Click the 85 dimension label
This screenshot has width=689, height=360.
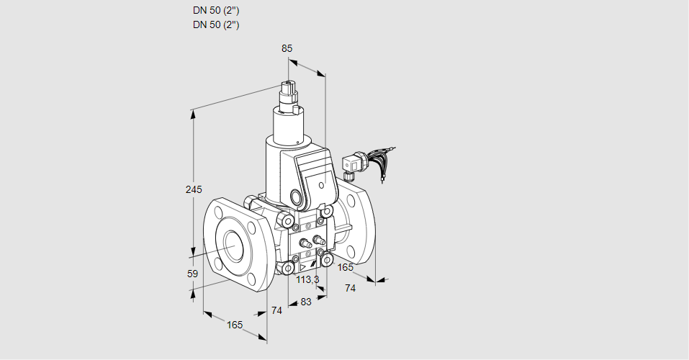(287, 48)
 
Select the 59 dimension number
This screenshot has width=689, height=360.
(192, 274)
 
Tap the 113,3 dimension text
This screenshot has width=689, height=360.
(308, 279)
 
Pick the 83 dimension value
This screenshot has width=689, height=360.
(305, 302)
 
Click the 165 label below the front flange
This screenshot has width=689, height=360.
(235, 325)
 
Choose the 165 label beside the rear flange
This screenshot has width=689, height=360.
(346, 267)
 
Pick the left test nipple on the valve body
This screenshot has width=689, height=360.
(302, 242)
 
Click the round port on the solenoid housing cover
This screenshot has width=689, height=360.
(296, 196)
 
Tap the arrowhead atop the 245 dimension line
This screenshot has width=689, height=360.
(193, 112)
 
